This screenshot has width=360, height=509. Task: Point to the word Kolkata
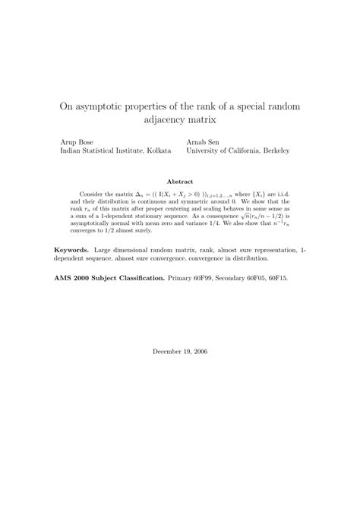point(156,151)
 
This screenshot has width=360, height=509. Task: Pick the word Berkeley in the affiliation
point(275,151)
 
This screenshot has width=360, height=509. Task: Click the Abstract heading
point(180,182)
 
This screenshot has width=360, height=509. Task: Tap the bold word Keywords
point(72,249)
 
